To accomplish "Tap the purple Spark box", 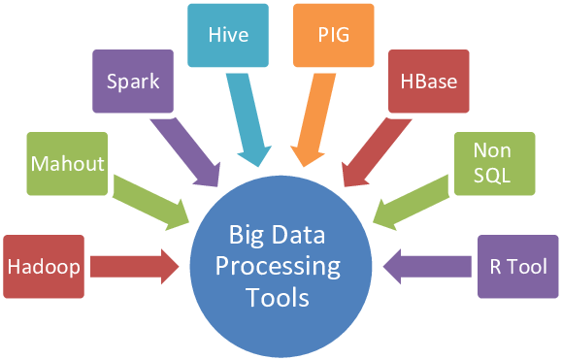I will [134, 82].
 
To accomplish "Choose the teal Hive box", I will [228, 36].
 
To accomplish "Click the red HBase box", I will [428, 82].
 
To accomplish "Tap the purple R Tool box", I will [518, 265].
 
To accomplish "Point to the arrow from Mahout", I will [151, 199].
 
